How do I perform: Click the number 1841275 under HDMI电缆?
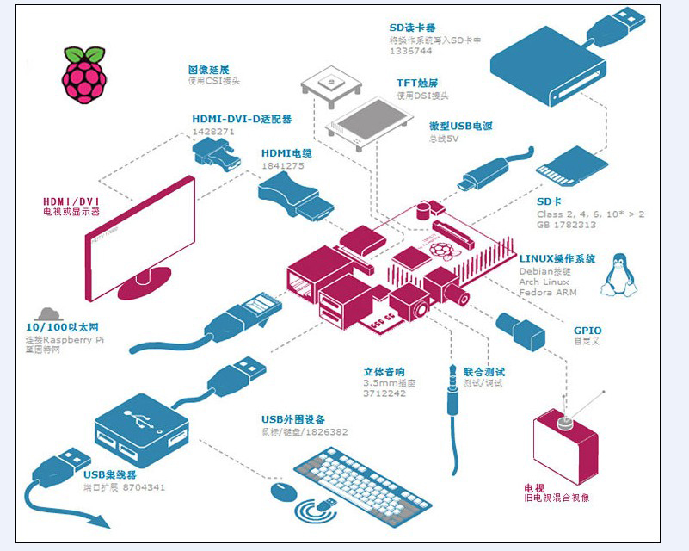(x=282, y=165)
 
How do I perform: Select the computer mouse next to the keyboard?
(x=284, y=492)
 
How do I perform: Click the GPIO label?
(x=587, y=331)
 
